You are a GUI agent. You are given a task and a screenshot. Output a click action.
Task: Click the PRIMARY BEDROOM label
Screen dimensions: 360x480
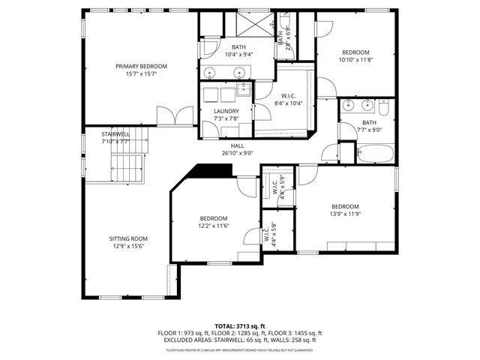click(x=141, y=66)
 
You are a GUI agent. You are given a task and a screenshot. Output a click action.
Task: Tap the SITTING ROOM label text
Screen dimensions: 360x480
click(x=127, y=239)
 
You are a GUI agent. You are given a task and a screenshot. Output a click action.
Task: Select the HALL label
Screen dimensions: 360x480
click(x=237, y=146)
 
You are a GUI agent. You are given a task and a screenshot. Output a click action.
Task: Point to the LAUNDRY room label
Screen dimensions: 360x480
click(x=225, y=111)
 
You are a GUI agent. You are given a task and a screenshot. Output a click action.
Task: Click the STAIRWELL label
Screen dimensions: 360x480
click(x=115, y=133)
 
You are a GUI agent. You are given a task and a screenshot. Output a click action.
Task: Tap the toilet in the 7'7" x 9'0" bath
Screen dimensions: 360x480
click(x=382, y=109)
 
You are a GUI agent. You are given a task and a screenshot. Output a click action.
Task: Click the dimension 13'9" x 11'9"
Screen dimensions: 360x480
click(x=345, y=214)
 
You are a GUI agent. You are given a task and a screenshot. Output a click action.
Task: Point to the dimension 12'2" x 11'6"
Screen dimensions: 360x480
click(x=213, y=225)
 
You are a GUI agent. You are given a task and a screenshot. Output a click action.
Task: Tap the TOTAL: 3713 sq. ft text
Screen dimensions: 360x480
click(x=239, y=325)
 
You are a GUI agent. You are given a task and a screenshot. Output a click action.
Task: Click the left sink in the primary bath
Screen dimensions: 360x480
click(x=211, y=73)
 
